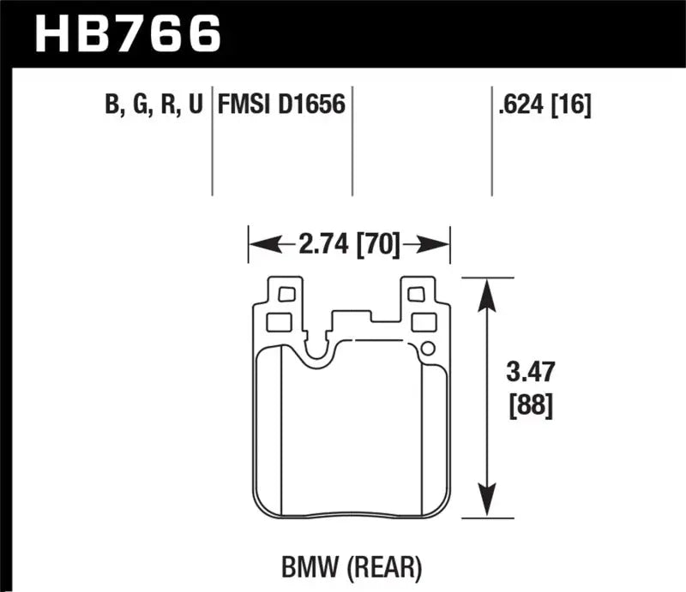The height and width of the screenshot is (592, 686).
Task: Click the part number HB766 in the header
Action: [x=127, y=34]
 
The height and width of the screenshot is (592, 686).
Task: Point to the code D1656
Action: [x=312, y=106]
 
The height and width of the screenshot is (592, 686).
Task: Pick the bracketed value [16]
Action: [x=572, y=106]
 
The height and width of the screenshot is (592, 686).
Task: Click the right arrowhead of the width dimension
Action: [x=440, y=246]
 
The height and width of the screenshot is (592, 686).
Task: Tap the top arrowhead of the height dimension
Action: [x=487, y=291]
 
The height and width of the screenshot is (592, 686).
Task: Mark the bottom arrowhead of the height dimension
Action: [x=487, y=505]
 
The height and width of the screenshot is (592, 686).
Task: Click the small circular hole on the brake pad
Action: [x=426, y=349]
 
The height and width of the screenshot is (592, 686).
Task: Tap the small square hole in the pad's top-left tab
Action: [x=286, y=295]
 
